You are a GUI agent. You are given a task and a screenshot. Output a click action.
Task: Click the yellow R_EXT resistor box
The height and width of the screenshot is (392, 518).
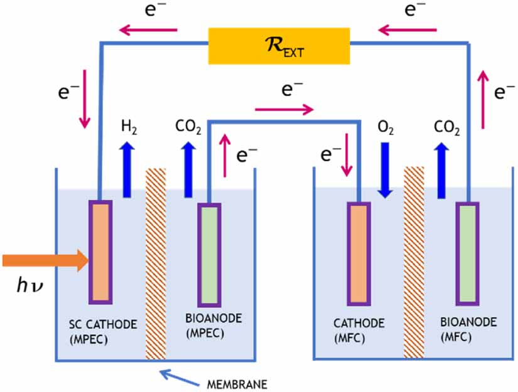[x=279, y=45]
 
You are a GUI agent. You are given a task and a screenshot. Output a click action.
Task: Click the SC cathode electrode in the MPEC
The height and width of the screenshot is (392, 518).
[x=100, y=251]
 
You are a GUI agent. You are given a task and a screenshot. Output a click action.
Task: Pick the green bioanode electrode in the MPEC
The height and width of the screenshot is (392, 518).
[x=209, y=253]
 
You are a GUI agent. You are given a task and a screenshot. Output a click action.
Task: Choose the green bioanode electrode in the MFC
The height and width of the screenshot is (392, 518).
[x=468, y=253]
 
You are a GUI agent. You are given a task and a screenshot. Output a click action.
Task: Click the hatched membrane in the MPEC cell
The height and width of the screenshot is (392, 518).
[x=155, y=263]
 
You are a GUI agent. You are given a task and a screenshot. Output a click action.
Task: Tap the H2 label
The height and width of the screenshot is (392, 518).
[x=128, y=129]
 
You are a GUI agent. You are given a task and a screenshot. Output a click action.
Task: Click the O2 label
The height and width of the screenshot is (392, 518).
[x=385, y=129]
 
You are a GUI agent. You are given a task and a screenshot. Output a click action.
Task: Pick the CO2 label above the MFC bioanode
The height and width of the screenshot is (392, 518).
[x=447, y=129]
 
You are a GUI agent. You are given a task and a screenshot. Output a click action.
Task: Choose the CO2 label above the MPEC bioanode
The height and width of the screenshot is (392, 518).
[x=188, y=129]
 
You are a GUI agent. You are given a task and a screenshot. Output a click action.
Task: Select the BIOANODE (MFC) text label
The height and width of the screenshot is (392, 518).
[x=468, y=330]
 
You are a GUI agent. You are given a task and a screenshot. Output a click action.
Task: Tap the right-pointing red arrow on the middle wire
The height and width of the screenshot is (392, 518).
[x=284, y=110]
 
